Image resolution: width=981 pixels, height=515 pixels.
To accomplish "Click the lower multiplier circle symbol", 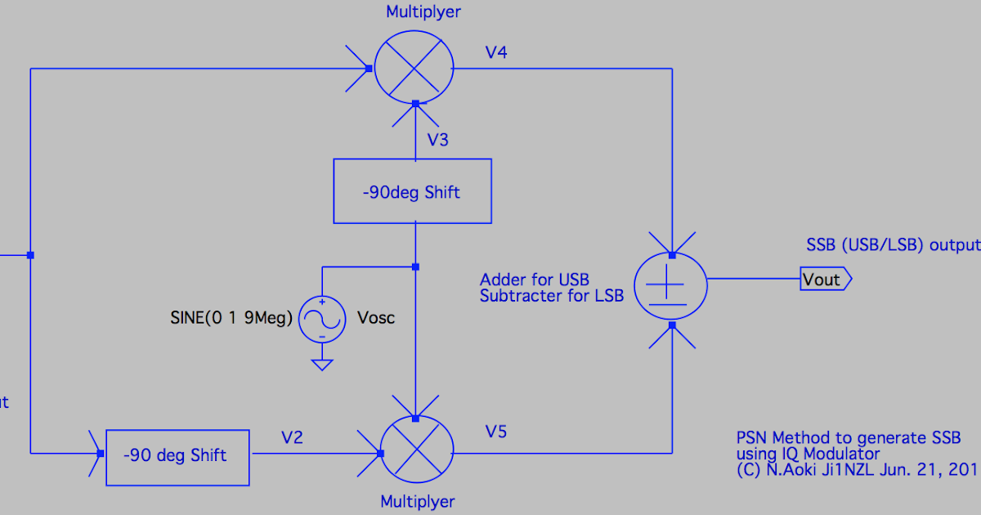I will [x=414, y=452].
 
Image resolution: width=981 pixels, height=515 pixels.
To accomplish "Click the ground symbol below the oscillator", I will [x=322, y=365].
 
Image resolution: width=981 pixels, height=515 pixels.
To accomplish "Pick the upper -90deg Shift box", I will [x=412, y=191].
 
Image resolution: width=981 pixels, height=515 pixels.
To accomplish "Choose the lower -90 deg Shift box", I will [x=177, y=456].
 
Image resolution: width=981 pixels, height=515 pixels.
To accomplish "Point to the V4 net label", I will [x=496, y=53].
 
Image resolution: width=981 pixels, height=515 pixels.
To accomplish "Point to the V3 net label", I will [x=438, y=140].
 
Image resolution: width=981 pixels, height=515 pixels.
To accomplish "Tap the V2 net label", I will [x=292, y=437].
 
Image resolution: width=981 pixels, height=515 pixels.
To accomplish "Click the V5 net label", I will [x=496, y=431].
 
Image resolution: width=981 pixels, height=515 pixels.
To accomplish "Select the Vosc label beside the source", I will [x=376, y=318].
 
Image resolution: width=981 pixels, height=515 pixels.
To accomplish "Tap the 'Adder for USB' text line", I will [x=535, y=280].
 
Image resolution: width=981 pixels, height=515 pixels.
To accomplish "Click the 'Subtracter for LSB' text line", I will [x=552, y=296].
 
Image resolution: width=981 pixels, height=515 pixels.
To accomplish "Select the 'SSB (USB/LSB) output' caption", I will [x=892, y=244].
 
